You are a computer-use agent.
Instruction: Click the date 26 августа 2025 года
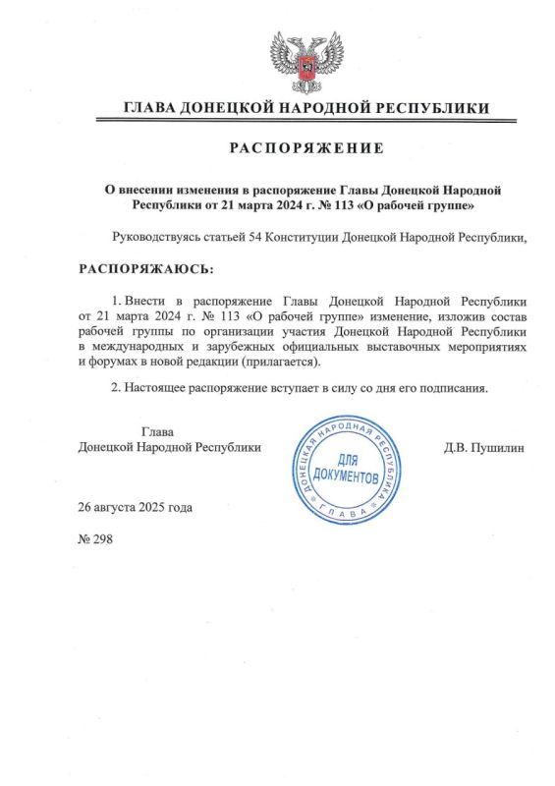pos(136,507)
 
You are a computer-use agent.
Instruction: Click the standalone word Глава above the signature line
pos(158,430)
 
